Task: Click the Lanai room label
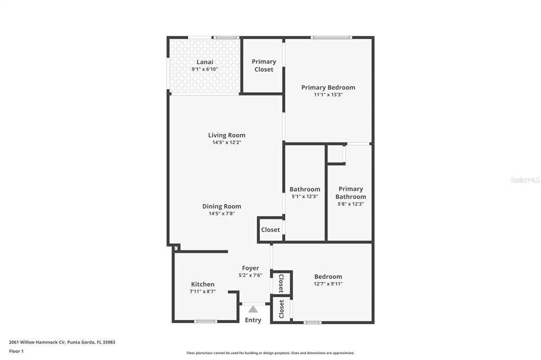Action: (x=204, y=62)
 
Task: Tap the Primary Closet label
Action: (x=264, y=65)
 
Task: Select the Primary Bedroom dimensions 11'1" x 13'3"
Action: (x=328, y=95)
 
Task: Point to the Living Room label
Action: (x=227, y=135)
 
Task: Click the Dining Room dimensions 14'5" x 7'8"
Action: (x=221, y=214)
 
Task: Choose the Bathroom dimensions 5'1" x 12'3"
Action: (x=305, y=196)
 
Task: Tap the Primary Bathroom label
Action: (x=351, y=193)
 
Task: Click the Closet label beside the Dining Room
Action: (x=270, y=230)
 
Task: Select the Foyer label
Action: (x=250, y=268)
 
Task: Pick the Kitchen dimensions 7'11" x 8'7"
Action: (x=202, y=292)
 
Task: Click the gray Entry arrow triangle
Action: (x=253, y=309)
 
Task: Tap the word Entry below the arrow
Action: (x=253, y=320)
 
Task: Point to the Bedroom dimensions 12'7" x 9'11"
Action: (x=328, y=284)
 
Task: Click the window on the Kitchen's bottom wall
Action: (x=206, y=321)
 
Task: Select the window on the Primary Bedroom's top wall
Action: (x=331, y=37)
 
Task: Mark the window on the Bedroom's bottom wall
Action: (x=313, y=323)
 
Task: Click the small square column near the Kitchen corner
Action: (x=176, y=248)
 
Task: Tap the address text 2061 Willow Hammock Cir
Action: (x=38, y=343)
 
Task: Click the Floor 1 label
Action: (x=16, y=352)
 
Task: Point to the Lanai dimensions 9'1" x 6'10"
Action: (x=204, y=69)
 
